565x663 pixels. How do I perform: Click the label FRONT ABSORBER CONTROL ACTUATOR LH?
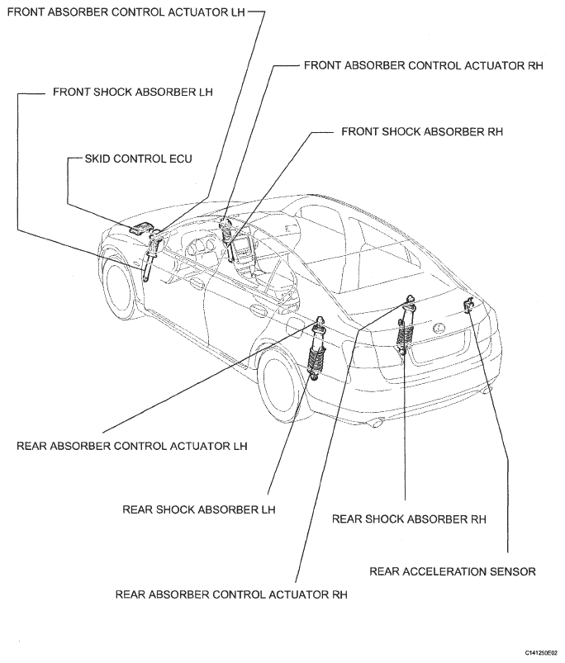[x=126, y=12]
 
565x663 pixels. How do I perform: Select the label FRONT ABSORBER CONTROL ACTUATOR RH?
[x=423, y=65]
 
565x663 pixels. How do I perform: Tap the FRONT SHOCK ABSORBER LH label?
[x=133, y=92]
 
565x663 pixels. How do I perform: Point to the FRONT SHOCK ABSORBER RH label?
[x=422, y=132]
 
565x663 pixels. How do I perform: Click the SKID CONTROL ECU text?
[x=138, y=159]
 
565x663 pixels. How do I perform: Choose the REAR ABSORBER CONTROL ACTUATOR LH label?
[x=132, y=446]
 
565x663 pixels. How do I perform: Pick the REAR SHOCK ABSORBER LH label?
[x=199, y=509]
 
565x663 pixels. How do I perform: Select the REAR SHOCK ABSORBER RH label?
[x=409, y=519]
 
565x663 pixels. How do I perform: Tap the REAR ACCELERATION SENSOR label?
[x=453, y=571]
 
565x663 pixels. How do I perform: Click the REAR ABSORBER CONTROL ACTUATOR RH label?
[x=231, y=594]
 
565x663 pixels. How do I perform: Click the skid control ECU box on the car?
[x=140, y=228]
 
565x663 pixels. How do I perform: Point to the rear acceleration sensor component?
[x=468, y=305]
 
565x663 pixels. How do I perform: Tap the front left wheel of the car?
[x=120, y=288]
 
